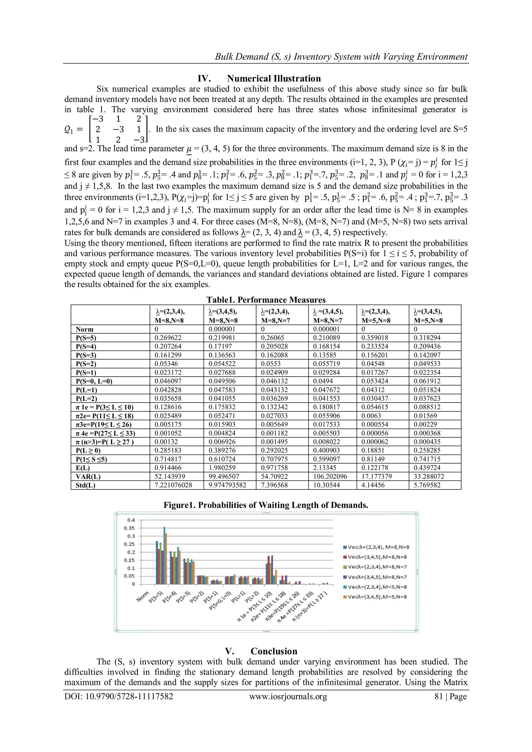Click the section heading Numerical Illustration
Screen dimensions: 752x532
tap(274, 79)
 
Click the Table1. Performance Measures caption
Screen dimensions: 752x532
tap(266, 300)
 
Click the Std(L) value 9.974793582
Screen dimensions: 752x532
tap(227, 485)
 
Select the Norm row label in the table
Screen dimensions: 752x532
tap(84, 329)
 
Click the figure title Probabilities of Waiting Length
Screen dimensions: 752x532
tap(266, 505)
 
